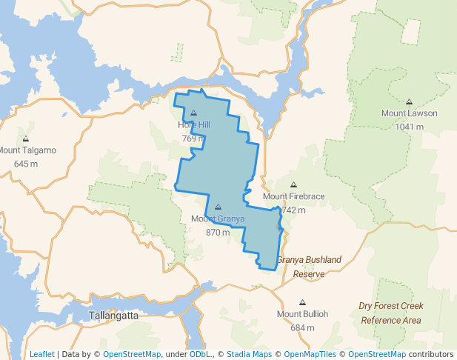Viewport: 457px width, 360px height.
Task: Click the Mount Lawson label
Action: (409, 113)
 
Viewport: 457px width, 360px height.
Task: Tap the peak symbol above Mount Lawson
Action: (409, 101)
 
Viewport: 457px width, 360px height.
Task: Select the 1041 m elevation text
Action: (409, 126)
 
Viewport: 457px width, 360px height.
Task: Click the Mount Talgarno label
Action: (27, 150)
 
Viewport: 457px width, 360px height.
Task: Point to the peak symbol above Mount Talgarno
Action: (26, 139)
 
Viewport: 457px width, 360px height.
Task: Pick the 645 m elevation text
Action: (26, 163)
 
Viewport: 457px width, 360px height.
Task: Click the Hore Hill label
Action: (193, 124)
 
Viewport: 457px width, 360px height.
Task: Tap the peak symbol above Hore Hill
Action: (193, 113)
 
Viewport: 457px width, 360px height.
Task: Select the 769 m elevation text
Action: (193, 138)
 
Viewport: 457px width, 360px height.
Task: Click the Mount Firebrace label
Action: (293, 196)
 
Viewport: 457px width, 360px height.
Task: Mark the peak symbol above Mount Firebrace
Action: (293, 184)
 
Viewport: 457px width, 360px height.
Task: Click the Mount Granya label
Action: (218, 219)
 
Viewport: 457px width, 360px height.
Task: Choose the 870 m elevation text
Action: (218, 232)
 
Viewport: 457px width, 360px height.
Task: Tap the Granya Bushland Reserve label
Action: (309, 267)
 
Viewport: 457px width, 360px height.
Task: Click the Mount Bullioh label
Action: (302, 314)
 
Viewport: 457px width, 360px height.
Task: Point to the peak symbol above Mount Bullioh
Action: (302, 302)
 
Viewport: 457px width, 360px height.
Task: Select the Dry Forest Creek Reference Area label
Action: (390, 313)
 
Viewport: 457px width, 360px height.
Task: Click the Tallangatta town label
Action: (113, 316)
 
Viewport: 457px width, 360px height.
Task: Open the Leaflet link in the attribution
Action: (41, 354)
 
